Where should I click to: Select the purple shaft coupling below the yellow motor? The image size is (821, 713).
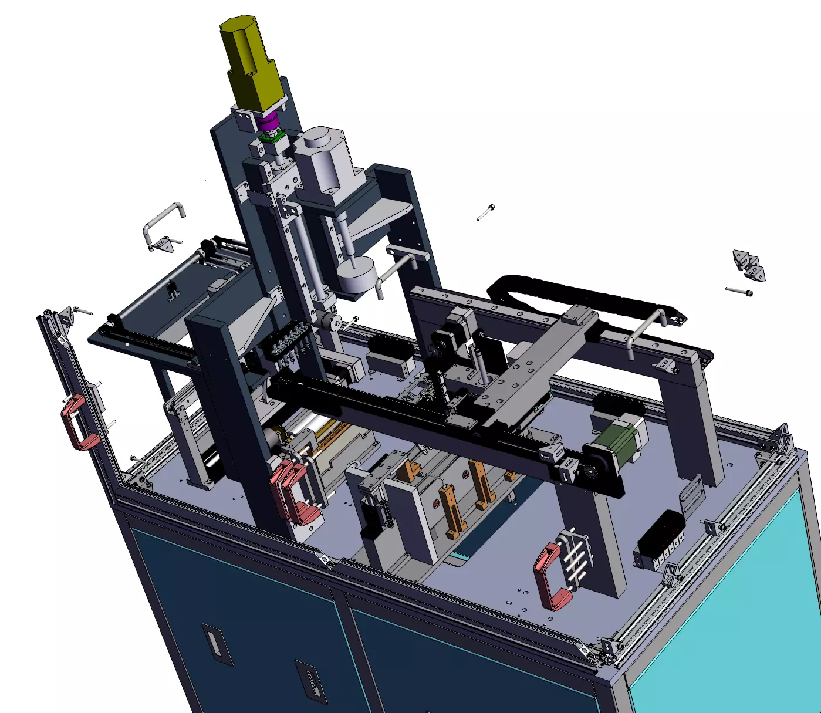click(x=268, y=124)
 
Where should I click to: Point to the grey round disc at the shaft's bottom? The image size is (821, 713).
click(x=356, y=275)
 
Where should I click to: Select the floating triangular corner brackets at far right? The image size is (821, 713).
click(x=749, y=265)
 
